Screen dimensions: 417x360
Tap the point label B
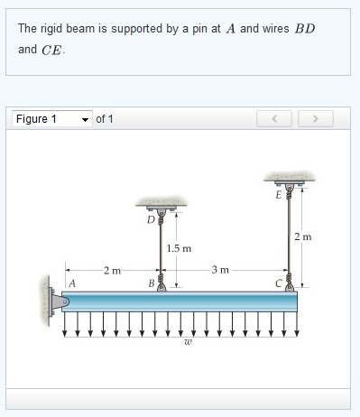coord(151,283)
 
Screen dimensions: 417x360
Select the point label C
coord(280,283)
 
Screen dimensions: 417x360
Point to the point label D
coord(151,218)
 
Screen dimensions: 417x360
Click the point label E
coord(279,192)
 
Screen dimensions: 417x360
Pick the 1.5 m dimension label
coord(180,247)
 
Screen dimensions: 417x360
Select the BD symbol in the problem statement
coord(305,29)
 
